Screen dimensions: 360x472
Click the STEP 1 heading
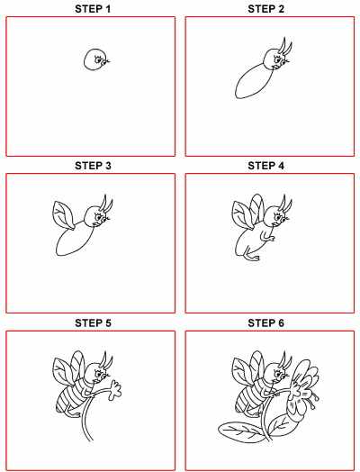point(93,9)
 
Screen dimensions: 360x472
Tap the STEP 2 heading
point(265,9)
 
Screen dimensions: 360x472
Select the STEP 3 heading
point(93,166)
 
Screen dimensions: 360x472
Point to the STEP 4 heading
point(265,166)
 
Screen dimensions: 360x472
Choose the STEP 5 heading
point(93,323)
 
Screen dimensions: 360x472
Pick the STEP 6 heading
point(265,323)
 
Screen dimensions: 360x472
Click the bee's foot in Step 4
point(252,258)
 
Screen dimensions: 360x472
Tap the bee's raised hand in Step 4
point(271,238)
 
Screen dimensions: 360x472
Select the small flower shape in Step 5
point(114,390)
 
